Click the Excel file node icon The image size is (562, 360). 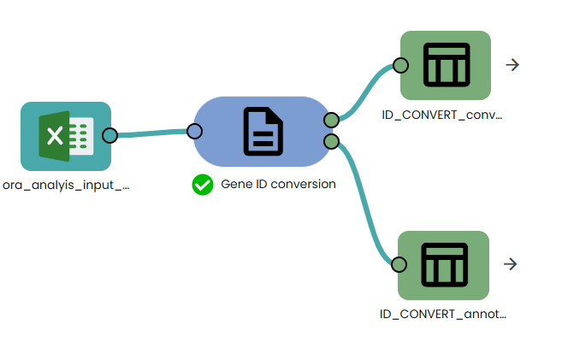66,136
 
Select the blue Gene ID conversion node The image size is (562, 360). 263,132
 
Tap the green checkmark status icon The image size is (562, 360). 203,184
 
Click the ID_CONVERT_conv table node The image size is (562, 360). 446,65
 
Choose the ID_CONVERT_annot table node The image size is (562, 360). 444,264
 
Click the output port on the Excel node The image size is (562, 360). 109,135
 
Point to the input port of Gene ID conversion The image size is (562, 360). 194,131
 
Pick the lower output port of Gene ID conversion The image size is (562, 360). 332,141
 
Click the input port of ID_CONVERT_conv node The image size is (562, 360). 400,65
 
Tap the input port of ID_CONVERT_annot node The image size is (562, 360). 399,264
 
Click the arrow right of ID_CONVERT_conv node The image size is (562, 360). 512,65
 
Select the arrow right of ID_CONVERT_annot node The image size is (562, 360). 511,264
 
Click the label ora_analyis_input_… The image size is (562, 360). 67,184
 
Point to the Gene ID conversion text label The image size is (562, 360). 278,184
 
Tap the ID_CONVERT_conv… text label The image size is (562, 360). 443,114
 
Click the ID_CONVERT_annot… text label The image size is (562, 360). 443,314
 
